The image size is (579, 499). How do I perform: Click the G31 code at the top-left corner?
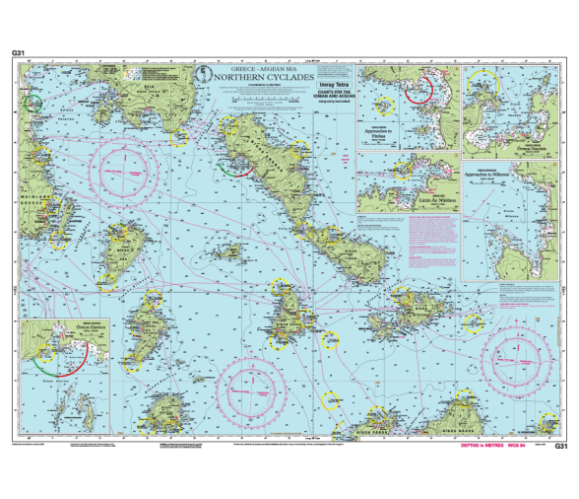17,52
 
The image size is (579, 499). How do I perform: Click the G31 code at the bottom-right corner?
561,446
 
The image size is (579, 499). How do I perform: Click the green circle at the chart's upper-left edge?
33,102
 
